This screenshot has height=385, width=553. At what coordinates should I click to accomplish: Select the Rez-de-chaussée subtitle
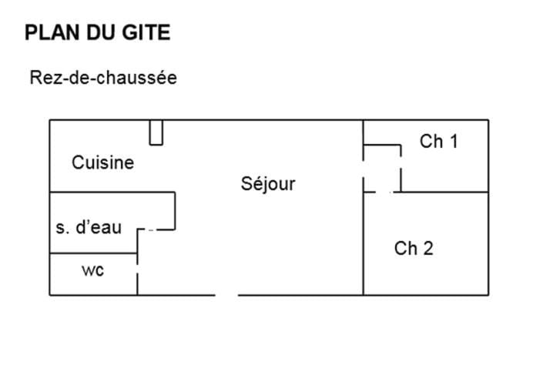103,78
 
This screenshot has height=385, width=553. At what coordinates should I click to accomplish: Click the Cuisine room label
103,162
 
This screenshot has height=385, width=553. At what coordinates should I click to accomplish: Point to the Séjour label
268,184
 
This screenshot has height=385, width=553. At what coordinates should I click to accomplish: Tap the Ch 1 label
439,142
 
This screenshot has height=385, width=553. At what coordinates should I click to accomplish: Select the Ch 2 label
414,248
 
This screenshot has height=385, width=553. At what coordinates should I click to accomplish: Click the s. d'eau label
89,227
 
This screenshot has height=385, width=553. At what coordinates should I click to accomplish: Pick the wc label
92,270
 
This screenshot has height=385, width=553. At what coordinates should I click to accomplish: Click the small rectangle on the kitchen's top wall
156,132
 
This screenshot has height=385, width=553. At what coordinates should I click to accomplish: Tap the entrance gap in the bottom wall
226,295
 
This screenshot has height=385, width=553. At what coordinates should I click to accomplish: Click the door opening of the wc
137,268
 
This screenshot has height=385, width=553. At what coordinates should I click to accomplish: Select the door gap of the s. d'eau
151,230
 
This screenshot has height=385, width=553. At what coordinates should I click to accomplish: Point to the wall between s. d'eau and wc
93,253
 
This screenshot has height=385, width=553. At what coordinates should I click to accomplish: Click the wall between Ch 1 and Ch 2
444,192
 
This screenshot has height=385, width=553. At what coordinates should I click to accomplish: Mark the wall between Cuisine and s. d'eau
112,192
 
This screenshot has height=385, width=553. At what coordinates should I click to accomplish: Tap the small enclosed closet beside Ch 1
382,169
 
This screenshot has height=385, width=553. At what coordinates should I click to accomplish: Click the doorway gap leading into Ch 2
383,192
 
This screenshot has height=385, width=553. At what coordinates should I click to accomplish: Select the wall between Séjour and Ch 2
364,243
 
